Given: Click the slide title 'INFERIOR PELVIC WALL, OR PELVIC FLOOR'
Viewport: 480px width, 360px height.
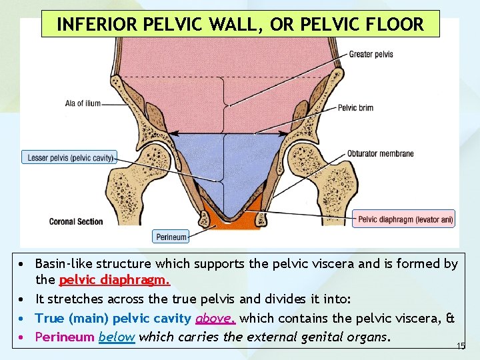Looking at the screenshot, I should pos(240,25).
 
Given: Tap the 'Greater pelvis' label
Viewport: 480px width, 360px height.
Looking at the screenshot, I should pos(371,54).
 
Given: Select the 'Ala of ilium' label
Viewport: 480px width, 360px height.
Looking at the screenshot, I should pos(83,103).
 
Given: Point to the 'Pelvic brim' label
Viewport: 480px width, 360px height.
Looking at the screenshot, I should pos(355,108).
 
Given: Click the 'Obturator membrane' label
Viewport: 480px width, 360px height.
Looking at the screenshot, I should pos(380,153).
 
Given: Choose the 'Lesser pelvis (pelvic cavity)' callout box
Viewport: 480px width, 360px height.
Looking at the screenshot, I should pos(69,157).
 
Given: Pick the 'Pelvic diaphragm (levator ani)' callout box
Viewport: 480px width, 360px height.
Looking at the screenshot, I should pos(405,219).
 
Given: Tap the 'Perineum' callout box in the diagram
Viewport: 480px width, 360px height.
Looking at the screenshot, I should pos(171,236).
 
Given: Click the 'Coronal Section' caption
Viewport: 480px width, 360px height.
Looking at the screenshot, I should pos(76,221).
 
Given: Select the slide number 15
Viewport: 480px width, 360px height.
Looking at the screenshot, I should pos(460,346).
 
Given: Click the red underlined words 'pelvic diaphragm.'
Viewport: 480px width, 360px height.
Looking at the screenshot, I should pos(115,281).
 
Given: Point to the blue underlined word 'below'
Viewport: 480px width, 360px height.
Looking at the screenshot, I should pos(117,337).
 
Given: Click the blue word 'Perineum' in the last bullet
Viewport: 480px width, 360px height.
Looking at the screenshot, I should pos(65,337).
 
